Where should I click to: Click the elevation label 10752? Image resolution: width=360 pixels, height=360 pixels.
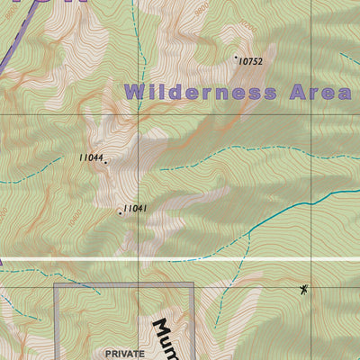(x=250, y=62)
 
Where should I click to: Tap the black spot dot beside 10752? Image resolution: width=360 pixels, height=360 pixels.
(x=236, y=58)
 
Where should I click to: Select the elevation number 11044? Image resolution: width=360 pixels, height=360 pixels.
(x=90, y=158)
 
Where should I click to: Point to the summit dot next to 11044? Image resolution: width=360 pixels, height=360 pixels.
(x=105, y=162)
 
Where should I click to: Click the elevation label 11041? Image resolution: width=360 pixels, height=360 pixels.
(x=135, y=209)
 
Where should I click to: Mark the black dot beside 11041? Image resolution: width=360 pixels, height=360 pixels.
(x=120, y=213)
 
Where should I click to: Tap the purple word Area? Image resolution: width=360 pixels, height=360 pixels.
(x=319, y=92)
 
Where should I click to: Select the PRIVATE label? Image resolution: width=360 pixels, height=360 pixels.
(x=124, y=354)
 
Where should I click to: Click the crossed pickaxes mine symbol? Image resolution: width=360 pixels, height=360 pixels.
(x=304, y=289)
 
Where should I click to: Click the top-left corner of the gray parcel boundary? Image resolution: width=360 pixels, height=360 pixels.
(x=56, y=284)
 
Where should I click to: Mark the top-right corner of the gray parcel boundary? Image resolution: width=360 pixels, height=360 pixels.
(x=193, y=284)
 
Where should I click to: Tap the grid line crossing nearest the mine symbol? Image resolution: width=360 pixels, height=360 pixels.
(x=311, y=260)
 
